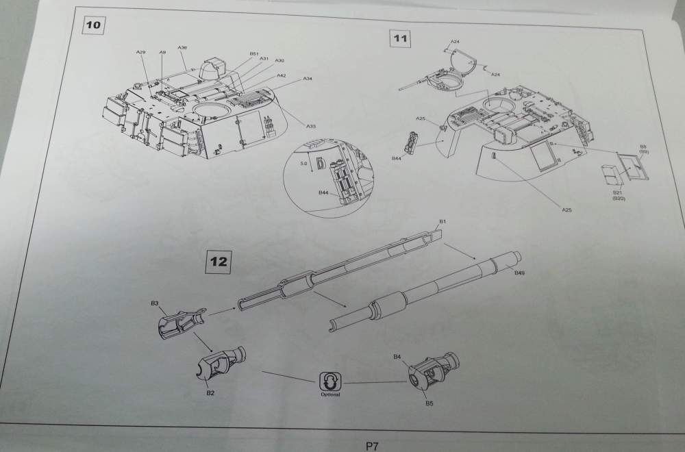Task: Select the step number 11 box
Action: [x=400, y=38]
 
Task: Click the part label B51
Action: [x=253, y=53]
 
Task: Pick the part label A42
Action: [x=282, y=75]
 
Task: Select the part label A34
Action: [x=308, y=79]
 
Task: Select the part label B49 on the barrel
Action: [x=519, y=273]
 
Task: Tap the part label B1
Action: [x=443, y=223]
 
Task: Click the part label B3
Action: [x=154, y=303]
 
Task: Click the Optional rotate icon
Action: [x=329, y=381]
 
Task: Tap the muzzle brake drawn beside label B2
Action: [x=221, y=364]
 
